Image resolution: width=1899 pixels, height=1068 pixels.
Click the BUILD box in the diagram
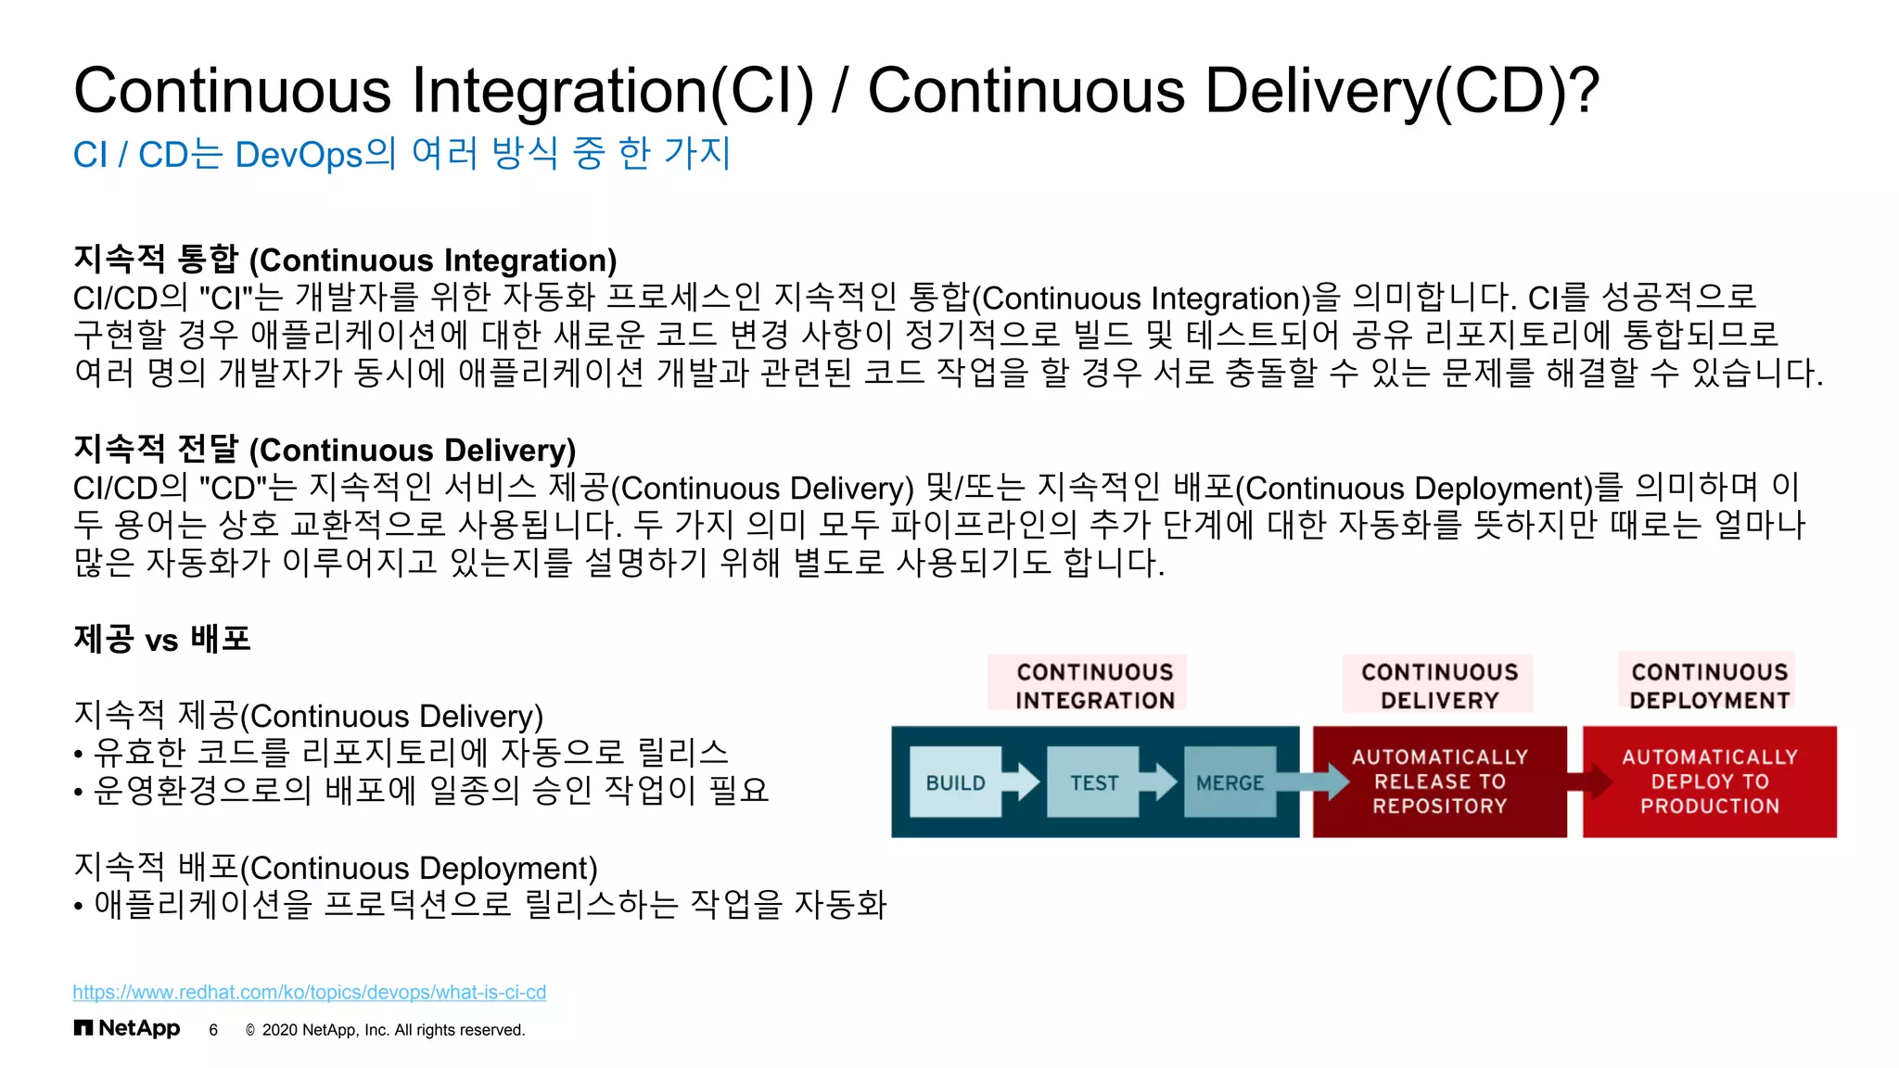(955, 782)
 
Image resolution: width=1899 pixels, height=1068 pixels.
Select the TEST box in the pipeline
(1093, 782)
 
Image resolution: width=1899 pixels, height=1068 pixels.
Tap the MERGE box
(1230, 782)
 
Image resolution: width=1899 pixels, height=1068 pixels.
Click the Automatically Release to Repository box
(1439, 782)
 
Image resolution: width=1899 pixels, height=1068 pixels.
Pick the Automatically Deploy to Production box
(1709, 782)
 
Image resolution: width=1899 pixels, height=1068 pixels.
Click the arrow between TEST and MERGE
(1160, 782)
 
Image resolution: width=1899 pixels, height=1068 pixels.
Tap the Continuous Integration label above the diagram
(1094, 685)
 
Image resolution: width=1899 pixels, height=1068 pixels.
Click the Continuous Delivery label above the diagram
(1439, 685)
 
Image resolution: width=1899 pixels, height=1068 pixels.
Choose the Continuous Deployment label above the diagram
(1709, 685)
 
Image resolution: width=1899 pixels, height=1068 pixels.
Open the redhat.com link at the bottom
(309, 992)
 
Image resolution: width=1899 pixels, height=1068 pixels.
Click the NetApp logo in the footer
(127, 1028)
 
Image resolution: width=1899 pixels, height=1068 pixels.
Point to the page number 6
(213, 1030)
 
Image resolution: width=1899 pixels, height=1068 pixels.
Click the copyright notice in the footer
(385, 1030)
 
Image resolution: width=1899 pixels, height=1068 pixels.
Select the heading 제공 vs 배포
(162, 639)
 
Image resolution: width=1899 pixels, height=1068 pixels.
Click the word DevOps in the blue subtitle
(299, 154)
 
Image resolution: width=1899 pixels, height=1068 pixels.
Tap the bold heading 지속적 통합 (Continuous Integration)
(345, 260)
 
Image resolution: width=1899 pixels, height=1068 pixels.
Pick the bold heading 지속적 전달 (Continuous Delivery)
(325, 450)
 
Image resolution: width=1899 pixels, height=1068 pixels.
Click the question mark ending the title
(1583, 91)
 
